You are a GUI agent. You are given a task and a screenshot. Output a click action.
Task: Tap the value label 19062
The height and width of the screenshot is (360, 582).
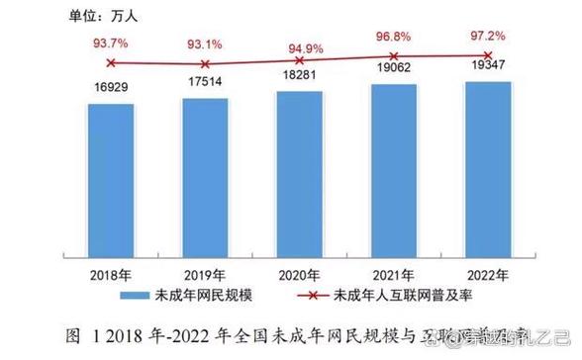coord(395,71)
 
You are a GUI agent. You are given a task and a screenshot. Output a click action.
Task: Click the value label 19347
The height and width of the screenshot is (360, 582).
coord(489,69)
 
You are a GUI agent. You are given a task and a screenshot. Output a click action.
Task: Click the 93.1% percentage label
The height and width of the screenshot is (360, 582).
coord(206,45)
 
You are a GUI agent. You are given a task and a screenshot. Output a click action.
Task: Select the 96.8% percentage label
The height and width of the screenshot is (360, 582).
coord(395,37)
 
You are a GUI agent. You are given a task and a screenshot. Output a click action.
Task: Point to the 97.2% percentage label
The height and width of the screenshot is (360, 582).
coord(489,35)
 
